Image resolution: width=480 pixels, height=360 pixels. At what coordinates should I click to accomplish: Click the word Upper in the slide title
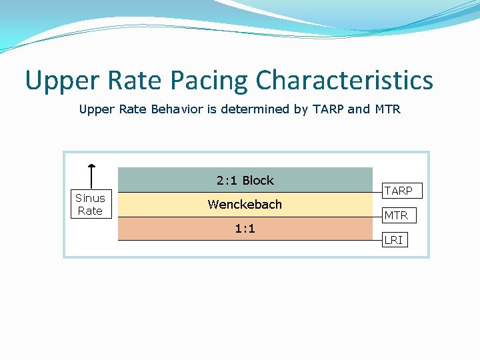58,81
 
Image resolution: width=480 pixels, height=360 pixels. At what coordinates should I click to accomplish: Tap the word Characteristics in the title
344,81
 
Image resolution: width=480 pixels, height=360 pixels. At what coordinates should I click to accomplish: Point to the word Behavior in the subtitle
178,109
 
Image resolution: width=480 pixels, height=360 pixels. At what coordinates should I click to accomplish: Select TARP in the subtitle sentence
327,109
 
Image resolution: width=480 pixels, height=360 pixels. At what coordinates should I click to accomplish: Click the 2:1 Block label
245,181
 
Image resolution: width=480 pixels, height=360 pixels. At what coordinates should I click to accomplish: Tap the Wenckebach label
245,205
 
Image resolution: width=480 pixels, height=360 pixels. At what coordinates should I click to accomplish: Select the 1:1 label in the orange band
245,229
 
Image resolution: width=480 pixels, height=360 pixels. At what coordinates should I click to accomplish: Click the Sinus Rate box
90,204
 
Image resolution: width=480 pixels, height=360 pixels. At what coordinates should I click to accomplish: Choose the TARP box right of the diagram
399,191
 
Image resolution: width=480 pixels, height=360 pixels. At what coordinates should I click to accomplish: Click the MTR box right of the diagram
396,215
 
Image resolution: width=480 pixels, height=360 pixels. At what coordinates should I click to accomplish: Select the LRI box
393,240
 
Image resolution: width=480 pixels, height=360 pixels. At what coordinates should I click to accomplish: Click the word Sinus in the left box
90,198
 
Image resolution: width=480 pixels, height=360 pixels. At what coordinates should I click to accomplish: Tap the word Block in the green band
258,181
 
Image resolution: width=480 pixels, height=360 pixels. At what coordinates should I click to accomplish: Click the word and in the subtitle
358,109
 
